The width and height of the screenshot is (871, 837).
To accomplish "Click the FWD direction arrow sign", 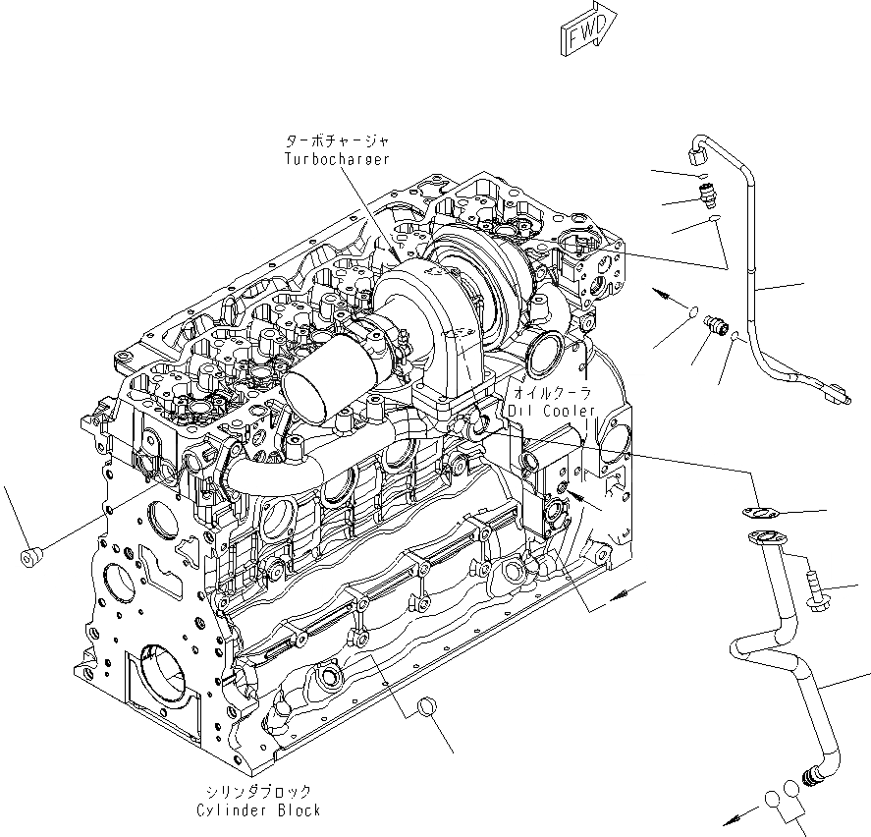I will point(587,28).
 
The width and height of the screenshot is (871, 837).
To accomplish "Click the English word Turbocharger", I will point(336,159).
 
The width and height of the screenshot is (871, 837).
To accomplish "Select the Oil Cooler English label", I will point(552,410).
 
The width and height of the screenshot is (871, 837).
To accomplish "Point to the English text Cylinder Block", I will point(258,810).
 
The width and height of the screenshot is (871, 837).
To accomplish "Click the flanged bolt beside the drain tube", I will point(814,590).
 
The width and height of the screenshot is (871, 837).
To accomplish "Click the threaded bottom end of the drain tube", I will point(814,776).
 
